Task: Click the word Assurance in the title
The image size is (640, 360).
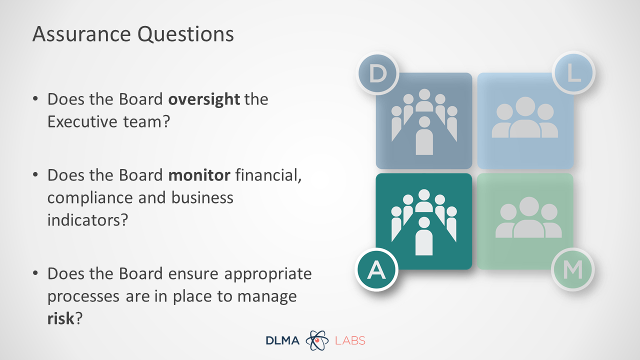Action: [81, 34]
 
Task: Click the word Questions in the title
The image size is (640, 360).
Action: [185, 35]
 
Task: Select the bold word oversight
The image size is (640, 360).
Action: [204, 99]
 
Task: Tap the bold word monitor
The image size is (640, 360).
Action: [199, 175]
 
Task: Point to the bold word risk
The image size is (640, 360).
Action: [60, 318]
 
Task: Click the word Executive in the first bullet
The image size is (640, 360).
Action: [82, 121]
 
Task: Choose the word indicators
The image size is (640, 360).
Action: [87, 220]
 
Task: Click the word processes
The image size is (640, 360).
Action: [83, 297]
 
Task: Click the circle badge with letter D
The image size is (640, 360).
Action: [377, 73]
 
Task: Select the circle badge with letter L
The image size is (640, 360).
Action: [573, 72]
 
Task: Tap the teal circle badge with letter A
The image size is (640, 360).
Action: [376, 269]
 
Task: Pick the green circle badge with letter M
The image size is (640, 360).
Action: [573, 269]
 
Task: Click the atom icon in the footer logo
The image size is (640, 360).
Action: [317, 340]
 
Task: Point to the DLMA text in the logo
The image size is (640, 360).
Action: [282, 340]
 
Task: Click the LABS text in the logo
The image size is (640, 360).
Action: [350, 340]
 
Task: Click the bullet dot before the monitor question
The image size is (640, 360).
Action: [35, 174]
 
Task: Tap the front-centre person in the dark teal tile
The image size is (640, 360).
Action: [423, 236]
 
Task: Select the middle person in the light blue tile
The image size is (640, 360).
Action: [525, 117]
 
